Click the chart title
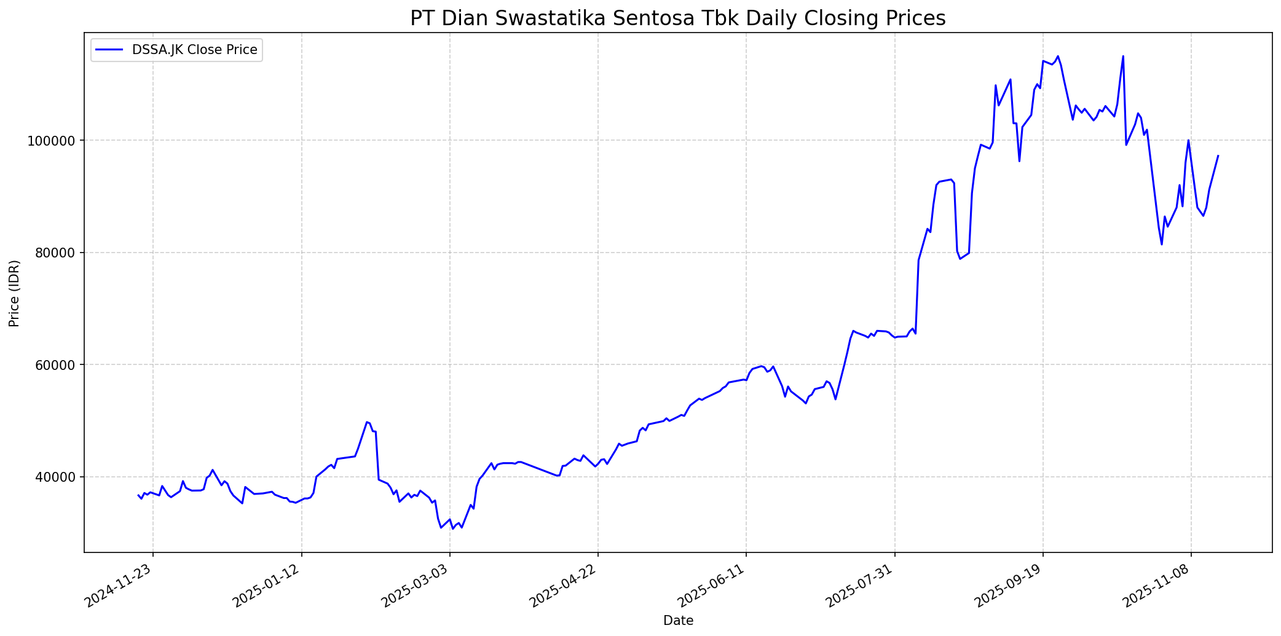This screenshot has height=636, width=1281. [677, 18]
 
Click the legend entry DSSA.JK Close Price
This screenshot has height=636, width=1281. [194, 50]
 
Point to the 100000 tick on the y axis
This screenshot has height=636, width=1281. [55, 141]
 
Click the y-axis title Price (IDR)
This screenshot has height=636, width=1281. [14, 293]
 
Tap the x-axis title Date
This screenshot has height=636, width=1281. [678, 621]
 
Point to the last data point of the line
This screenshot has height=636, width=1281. [1218, 155]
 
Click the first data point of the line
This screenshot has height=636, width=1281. [138, 495]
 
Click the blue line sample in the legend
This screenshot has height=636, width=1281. [111, 50]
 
